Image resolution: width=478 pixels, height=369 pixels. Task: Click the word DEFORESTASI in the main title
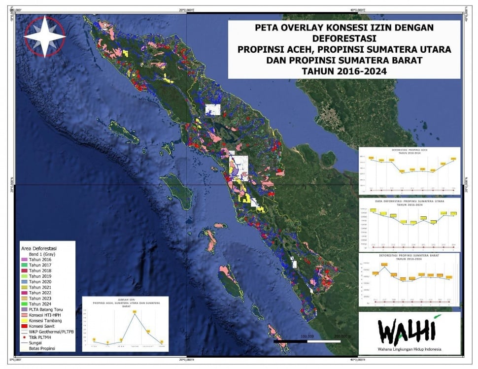tap(343, 38)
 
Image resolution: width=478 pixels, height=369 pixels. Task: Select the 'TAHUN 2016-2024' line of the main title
tap(343, 71)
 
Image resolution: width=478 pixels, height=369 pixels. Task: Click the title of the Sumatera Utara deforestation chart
tap(409, 202)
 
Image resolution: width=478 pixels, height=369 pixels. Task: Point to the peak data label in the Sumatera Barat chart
tap(384, 265)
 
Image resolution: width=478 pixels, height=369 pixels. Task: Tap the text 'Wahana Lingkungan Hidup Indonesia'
tap(410, 349)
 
